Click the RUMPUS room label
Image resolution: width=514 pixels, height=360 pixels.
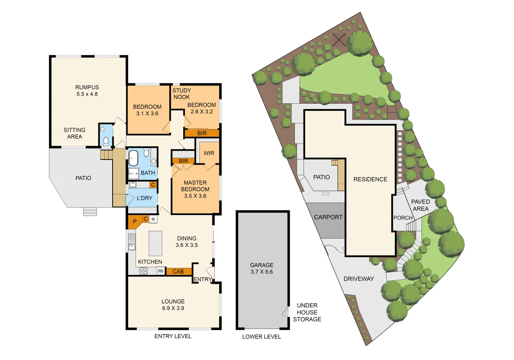click(x=87, y=87)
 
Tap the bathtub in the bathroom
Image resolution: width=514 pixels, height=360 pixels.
click(x=133, y=158)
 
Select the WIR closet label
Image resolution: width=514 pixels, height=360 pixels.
click(x=209, y=153)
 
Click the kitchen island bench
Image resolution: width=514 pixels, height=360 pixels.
click(x=155, y=243)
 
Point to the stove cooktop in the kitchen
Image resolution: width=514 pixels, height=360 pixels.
click(x=144, y=271)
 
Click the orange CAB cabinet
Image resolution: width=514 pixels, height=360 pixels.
click(x=178, y=272)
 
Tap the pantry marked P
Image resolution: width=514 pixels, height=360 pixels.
click(x=135, y=222)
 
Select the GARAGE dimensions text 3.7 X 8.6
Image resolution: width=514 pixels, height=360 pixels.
click(x=261, y=272)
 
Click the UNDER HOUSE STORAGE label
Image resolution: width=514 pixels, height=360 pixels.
click(x=307, y=312)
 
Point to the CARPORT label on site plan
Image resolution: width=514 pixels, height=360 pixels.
click(x=328, y=217)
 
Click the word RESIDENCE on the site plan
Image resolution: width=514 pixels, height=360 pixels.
click(x=370, y=179)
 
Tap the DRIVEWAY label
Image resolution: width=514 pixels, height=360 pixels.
click(x=358, y=279)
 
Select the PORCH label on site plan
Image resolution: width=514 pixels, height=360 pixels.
click(x=403, y=218)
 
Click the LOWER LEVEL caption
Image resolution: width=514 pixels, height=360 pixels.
click(x=261, y=337)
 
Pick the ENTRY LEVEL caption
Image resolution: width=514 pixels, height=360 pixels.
click(x=173, y=336)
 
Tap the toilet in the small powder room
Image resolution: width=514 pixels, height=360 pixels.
click(x=106, y=141)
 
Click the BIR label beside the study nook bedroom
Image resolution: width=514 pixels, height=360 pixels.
click(x=202, y=133)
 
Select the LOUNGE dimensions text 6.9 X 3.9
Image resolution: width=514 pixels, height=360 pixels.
click(x=173, y=308)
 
